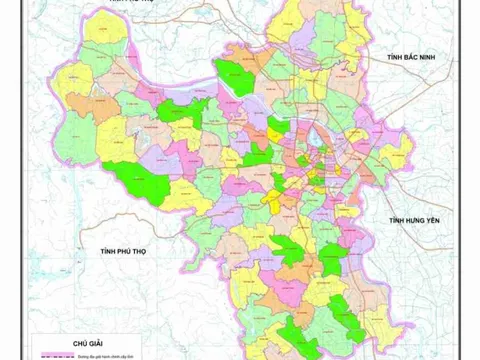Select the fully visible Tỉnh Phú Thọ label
pos(117,249)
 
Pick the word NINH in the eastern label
pos(428,61)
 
